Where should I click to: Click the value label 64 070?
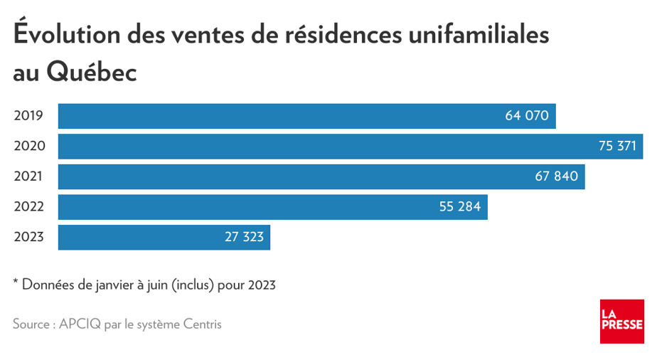[x=527, y=116]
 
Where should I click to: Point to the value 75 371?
[x=617, y=146]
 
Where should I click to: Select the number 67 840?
[x=557, y=176]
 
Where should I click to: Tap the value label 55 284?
[x=460, y=207]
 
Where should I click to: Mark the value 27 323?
[x=244, y=237]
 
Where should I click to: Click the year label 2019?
[x=29, y=116]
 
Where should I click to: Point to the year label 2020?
[x=29, y=146]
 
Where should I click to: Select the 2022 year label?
[x=29, y=207]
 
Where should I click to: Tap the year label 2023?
[x=29, y=237]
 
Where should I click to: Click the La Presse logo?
[x=621, y=322]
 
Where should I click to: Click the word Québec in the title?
[x=91, y=72]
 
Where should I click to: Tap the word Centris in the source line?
[x=199, y=324]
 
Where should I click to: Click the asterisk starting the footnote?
[x=16, y=282]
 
